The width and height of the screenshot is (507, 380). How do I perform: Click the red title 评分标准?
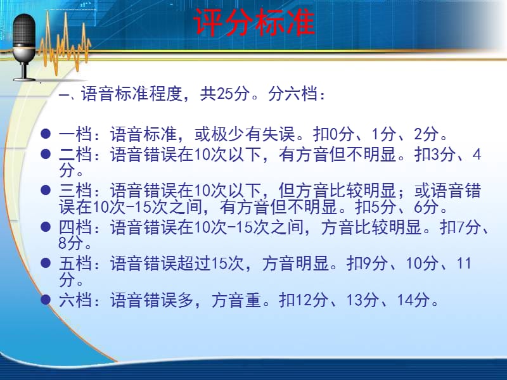[254, 22]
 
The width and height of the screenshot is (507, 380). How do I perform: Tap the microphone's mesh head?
[24, 30]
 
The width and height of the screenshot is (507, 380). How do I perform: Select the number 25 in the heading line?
[225, 94]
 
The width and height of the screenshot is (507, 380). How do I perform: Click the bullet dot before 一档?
[46, 134]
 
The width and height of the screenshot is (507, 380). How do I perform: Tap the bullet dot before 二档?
[46, 154]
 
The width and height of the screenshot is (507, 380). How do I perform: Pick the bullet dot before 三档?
[46, 190]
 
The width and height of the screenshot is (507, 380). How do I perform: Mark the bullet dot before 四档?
[46, 227]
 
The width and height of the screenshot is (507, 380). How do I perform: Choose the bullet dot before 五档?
[46, 263]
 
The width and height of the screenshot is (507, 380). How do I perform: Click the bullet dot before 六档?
[46, 300]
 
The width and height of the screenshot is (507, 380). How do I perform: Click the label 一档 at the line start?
[75, 134]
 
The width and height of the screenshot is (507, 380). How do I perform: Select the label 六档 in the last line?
[75, 300]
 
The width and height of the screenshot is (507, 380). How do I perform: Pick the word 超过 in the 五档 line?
[195, 263]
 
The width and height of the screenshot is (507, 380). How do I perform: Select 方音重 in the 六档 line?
[236, 300]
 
